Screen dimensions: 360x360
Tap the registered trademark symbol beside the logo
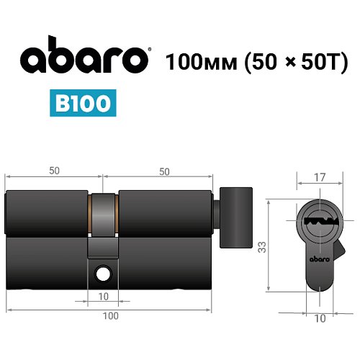[x=148, y=50]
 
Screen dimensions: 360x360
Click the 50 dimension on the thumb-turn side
[x=164, y=171]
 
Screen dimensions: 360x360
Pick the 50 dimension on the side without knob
[x=55, y=171]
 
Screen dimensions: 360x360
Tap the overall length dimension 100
[x=110, y=315]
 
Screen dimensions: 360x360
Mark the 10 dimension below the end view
[x=319, y=317]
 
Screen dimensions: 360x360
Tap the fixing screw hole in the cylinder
[x=104, y=274]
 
